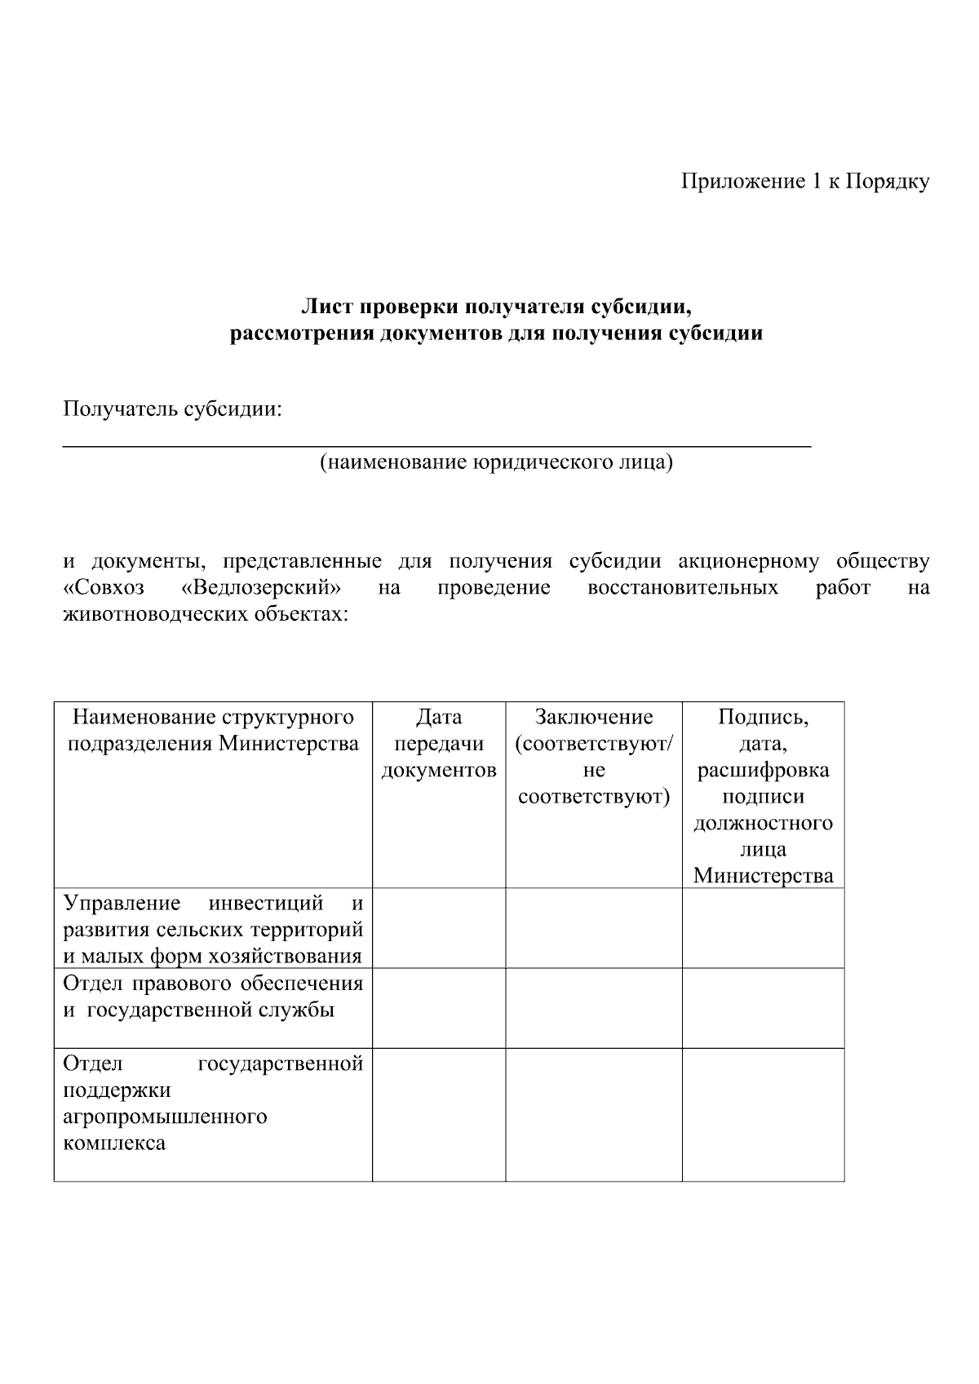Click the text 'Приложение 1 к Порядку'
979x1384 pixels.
(804, 182)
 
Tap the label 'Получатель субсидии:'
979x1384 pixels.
(172, 409)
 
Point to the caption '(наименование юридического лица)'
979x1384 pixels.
(496, 463)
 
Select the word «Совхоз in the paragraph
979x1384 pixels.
(104, 587)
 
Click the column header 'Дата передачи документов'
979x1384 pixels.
(439, 743)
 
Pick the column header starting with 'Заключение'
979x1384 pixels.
(594, 756)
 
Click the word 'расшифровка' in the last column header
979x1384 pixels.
(763, 770)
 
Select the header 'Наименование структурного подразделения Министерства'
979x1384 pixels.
(213, 730)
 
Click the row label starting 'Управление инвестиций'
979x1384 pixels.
(213, 929)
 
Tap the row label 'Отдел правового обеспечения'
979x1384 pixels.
(213, 983)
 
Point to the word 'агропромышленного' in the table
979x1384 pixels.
(165, 1116)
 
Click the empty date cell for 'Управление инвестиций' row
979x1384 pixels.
(439, 928)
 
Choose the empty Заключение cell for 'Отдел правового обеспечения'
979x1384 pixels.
(594, 1008)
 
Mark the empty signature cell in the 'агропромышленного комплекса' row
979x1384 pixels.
(763, 1114)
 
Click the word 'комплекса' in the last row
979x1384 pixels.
(114, 1143)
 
